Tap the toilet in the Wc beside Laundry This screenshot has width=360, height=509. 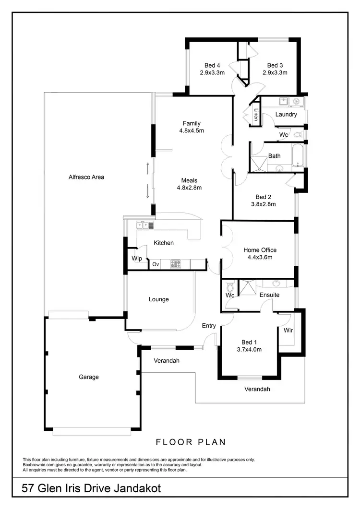point(297,134)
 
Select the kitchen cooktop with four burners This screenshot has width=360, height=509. point(175,263)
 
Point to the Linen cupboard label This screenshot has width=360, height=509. point(256,115)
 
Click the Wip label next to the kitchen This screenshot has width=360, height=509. point(136,259)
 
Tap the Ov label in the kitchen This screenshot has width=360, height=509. point(156,264)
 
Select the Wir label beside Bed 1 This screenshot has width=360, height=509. point(288,331)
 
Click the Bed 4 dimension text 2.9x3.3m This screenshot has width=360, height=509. point(212,73)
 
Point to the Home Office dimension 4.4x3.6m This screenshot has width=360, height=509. point(260,257)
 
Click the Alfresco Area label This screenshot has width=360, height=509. point(86,177)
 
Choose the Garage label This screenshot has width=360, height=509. point(89,377)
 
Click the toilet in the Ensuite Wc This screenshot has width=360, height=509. point(230,287)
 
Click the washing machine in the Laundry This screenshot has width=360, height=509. point(296,101)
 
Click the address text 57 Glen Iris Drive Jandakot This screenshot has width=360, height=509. point(91,488)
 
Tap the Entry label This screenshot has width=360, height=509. point(209,326)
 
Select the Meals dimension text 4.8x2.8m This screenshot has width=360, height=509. point(189,188)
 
